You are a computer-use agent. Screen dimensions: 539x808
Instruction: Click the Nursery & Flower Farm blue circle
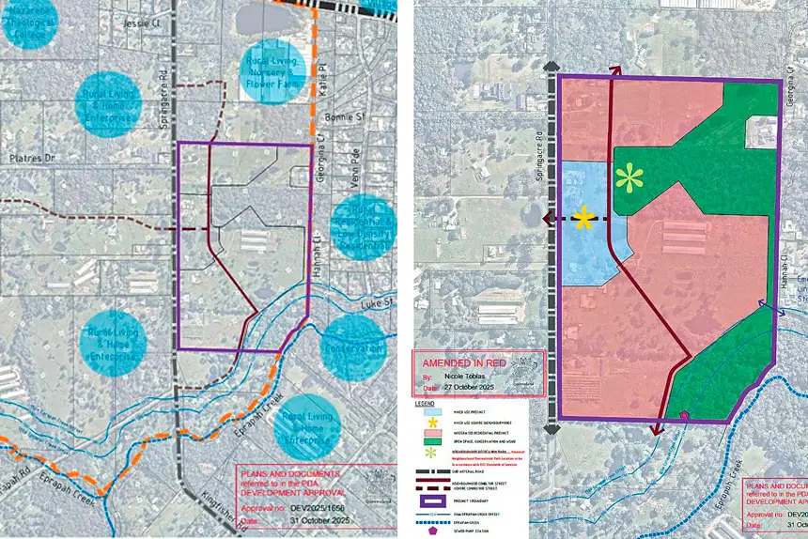coord(272,71)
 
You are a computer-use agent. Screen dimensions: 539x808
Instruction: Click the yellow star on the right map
coord(584,220)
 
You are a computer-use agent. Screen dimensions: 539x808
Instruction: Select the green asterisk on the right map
coord(628,178)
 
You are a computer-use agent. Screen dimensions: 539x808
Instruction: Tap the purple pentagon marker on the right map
coord(683,415)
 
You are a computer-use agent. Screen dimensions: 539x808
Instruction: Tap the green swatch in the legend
coord(432,440)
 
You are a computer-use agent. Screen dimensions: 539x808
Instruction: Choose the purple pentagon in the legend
coord(433,531)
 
